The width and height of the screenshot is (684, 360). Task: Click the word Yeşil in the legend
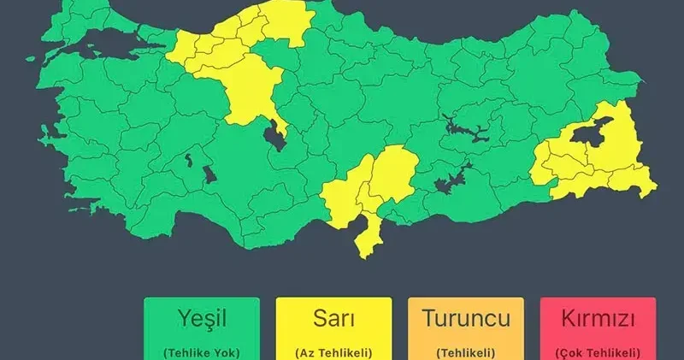click(x=201, y=320)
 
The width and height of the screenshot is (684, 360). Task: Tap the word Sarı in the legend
click(x=333, y=320)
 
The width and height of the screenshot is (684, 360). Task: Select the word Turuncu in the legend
click(x=465, y=320)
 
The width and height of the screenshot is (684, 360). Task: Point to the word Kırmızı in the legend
click(x=598, y=320)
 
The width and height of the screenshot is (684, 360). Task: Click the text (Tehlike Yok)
click(x=201, y=351)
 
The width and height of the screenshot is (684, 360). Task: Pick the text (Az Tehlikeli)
click(x=333, y=351)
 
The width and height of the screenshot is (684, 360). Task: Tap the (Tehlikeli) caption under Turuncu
click(x=465, y=351)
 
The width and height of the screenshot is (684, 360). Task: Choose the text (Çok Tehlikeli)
click(x=598, y=351)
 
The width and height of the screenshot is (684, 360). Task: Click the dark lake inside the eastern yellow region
click(x=588, y=133)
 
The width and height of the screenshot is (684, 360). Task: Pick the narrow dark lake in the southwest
click(x=186, y=159)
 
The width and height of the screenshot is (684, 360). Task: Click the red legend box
click(x=598, y=329)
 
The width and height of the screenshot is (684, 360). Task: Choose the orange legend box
click(x=465, y=329)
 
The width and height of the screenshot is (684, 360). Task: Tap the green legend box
click(x=201, y=329)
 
